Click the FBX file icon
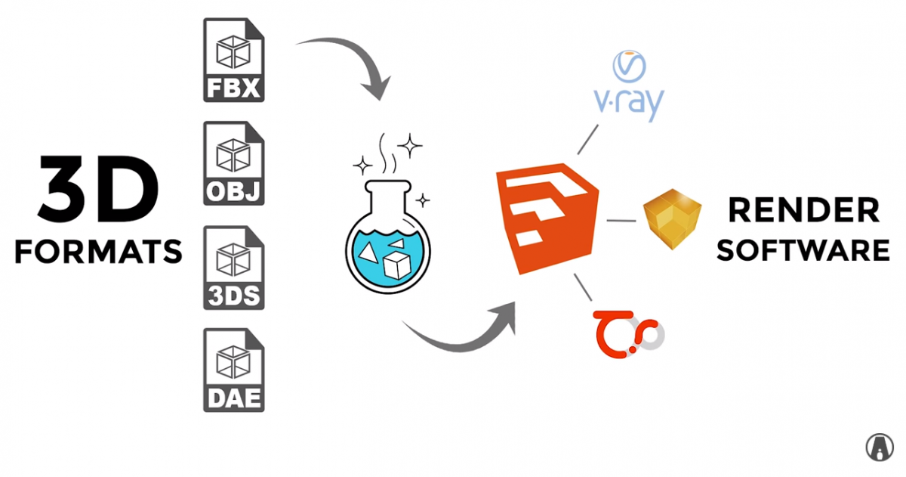233,60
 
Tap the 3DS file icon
233,267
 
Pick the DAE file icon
233,370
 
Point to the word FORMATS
99,250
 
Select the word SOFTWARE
803,249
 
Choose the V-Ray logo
626,87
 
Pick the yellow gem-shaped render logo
672,215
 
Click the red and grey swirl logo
626,332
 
